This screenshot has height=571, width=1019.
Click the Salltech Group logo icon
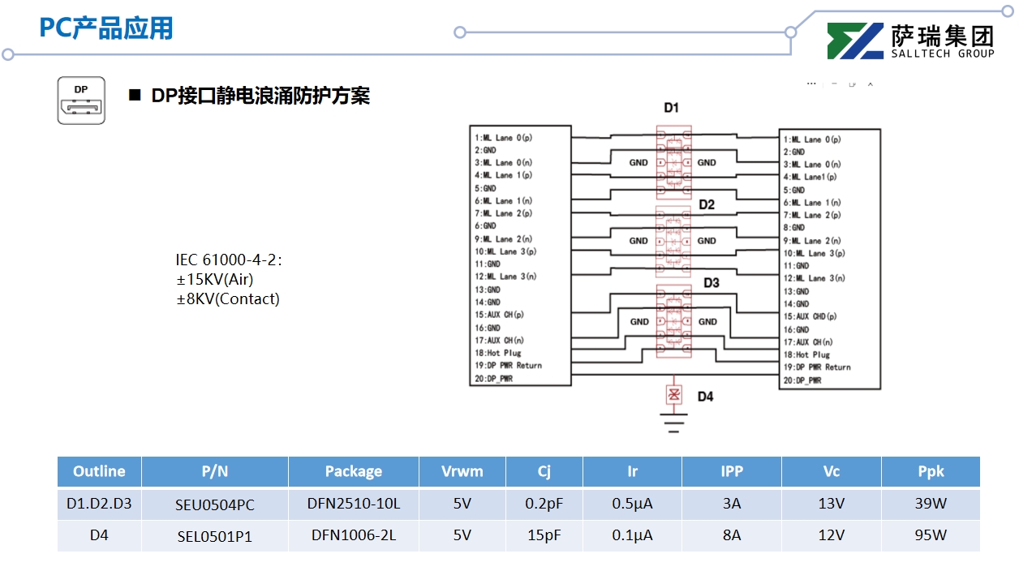click(x=855, y=41)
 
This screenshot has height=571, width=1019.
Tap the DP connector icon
click(x=81, y=101)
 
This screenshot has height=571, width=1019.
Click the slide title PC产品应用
click(x=106, y=28)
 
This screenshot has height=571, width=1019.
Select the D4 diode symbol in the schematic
click(x=673, y=395)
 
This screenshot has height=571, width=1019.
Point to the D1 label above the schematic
click(x=671, y=108)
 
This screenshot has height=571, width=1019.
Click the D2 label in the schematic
click(x=707, y=204)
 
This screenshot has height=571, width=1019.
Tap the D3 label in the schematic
click(x=711, y=283)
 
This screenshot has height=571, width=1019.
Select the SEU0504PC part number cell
click(x=215, y=504)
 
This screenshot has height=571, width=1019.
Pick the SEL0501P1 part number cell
click(x=215, y=536)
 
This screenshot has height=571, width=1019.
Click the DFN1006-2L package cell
click(x=353, y=535)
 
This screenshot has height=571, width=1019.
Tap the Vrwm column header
click(x=462, y=471)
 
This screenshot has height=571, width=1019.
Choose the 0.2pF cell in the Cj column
click(x=544, y=504)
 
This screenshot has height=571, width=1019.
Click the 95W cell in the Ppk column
click(x=931, y=535)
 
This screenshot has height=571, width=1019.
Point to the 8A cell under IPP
click(x=731, y=535)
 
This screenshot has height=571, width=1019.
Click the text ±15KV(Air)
click(x=214, y=279)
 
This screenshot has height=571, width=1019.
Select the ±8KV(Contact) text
click(x=228, y=298)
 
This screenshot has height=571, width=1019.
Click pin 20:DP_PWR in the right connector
click(x=802, y=380)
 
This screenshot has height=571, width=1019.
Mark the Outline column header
click(x=99, y=471)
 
